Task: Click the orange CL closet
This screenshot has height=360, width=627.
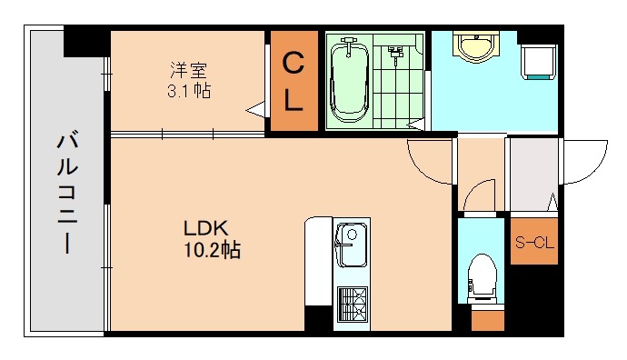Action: pos(293,82)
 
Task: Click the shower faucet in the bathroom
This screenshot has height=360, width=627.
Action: pos(395,53)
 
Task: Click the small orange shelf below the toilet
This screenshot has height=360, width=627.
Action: pos(487,320)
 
